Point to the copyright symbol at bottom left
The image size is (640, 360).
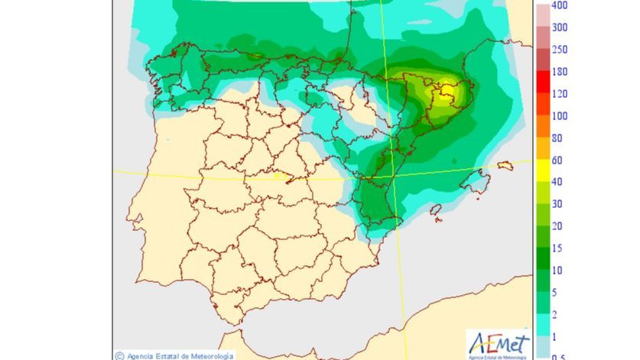tap(120, 355)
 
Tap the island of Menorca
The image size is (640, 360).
tap(503, 165)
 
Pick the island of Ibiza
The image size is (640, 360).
tap(435, 212)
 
